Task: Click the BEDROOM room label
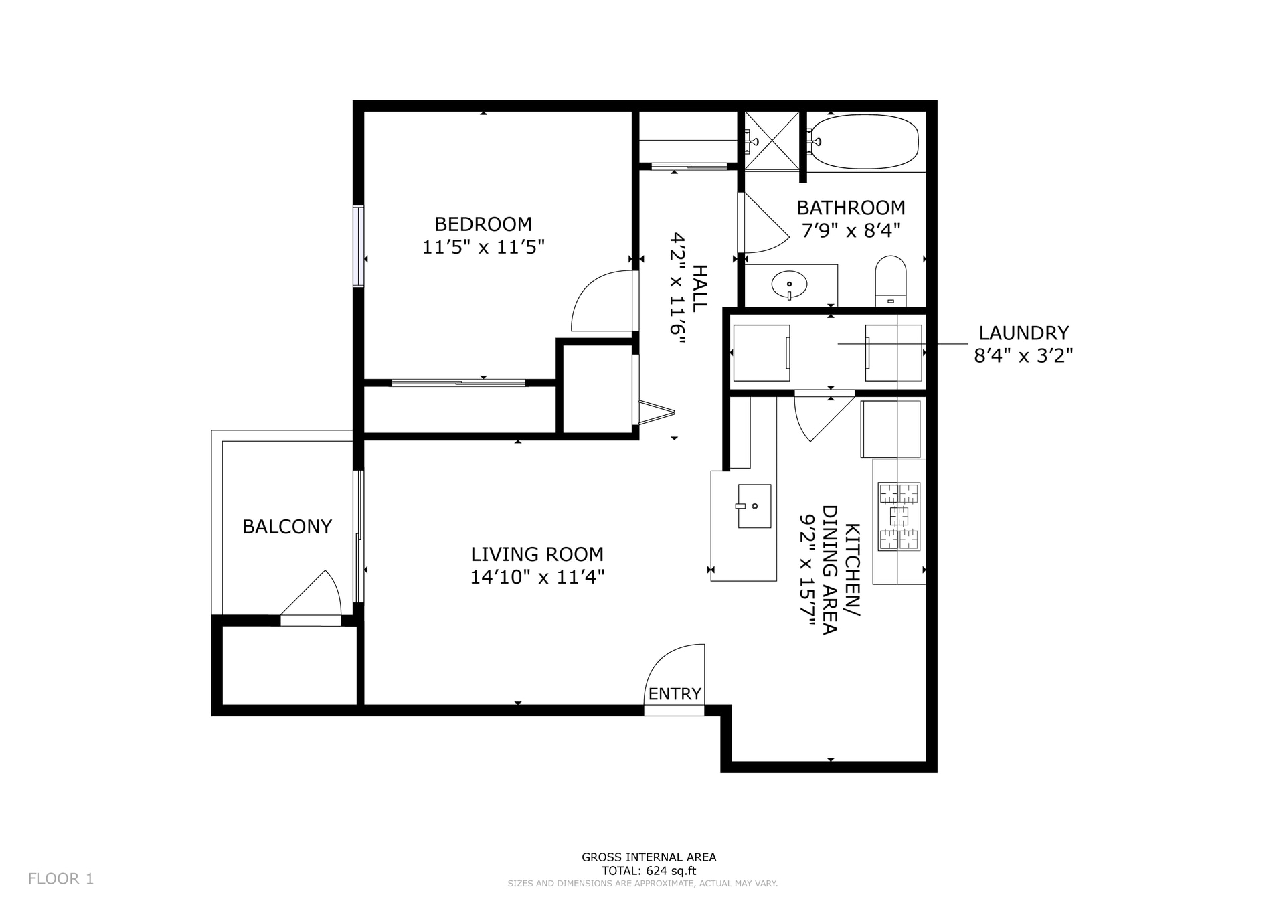pos(483,224)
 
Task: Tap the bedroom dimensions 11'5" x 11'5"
pos(483,248)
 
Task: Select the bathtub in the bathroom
pos(863,142)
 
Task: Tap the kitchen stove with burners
pos(899,516)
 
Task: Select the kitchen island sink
pos(754,506)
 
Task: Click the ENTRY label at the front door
pos(674,694)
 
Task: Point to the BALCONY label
pos(286,527)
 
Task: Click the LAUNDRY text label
pos(1023,333)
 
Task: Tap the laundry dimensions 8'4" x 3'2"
pos(1023,356)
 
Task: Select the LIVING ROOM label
pos(537,554)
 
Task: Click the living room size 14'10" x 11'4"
pos(537,577)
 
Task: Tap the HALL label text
pos(699,288)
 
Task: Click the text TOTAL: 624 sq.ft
pos(649,871)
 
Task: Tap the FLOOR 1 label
pos(61,879)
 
